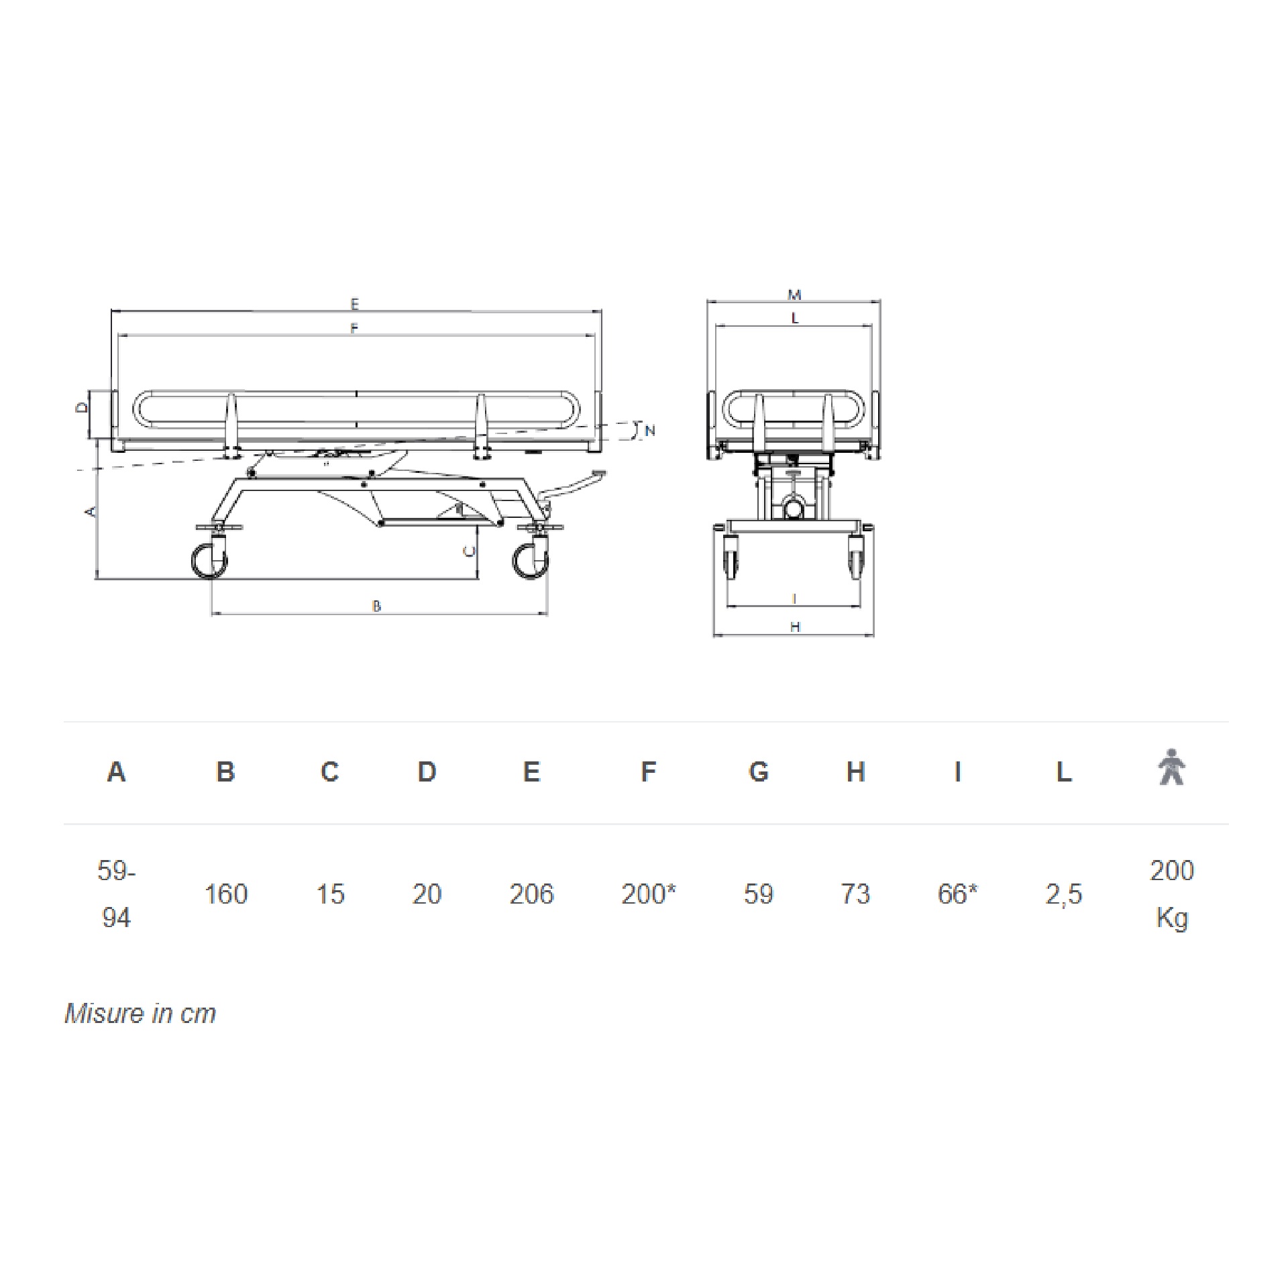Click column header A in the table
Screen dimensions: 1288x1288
coord(116,772)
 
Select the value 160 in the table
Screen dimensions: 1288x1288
coord(226,894)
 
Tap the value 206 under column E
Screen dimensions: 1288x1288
coord(531,894)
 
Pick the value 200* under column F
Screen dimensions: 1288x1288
coord(648,894)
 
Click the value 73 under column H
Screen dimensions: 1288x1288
coord(855,894)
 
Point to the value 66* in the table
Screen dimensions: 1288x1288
coord(957,894)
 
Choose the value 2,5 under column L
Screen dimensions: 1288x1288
coord(1064,894)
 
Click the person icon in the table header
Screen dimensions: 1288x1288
coord(1171,767)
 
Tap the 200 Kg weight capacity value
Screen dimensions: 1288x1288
coord(1172,894)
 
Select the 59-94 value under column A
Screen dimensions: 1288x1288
coord(116,894)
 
